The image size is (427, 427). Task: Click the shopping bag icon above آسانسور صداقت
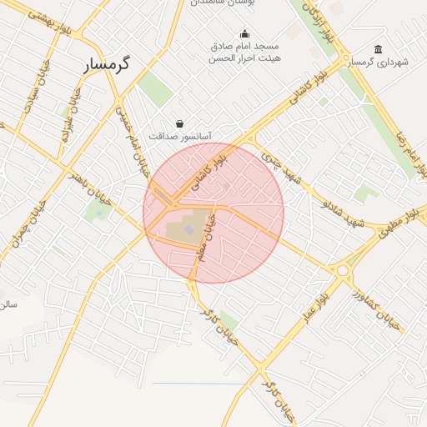click(179, 123)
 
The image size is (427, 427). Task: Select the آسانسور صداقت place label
click(180, 135)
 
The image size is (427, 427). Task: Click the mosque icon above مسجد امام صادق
click(244, 34)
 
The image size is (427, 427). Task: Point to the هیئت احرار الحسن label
click(244, 58)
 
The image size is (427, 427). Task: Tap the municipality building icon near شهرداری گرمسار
click(379, 49)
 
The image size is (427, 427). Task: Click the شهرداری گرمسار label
click(379, 63)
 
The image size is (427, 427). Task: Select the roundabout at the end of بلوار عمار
click(342, 269)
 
